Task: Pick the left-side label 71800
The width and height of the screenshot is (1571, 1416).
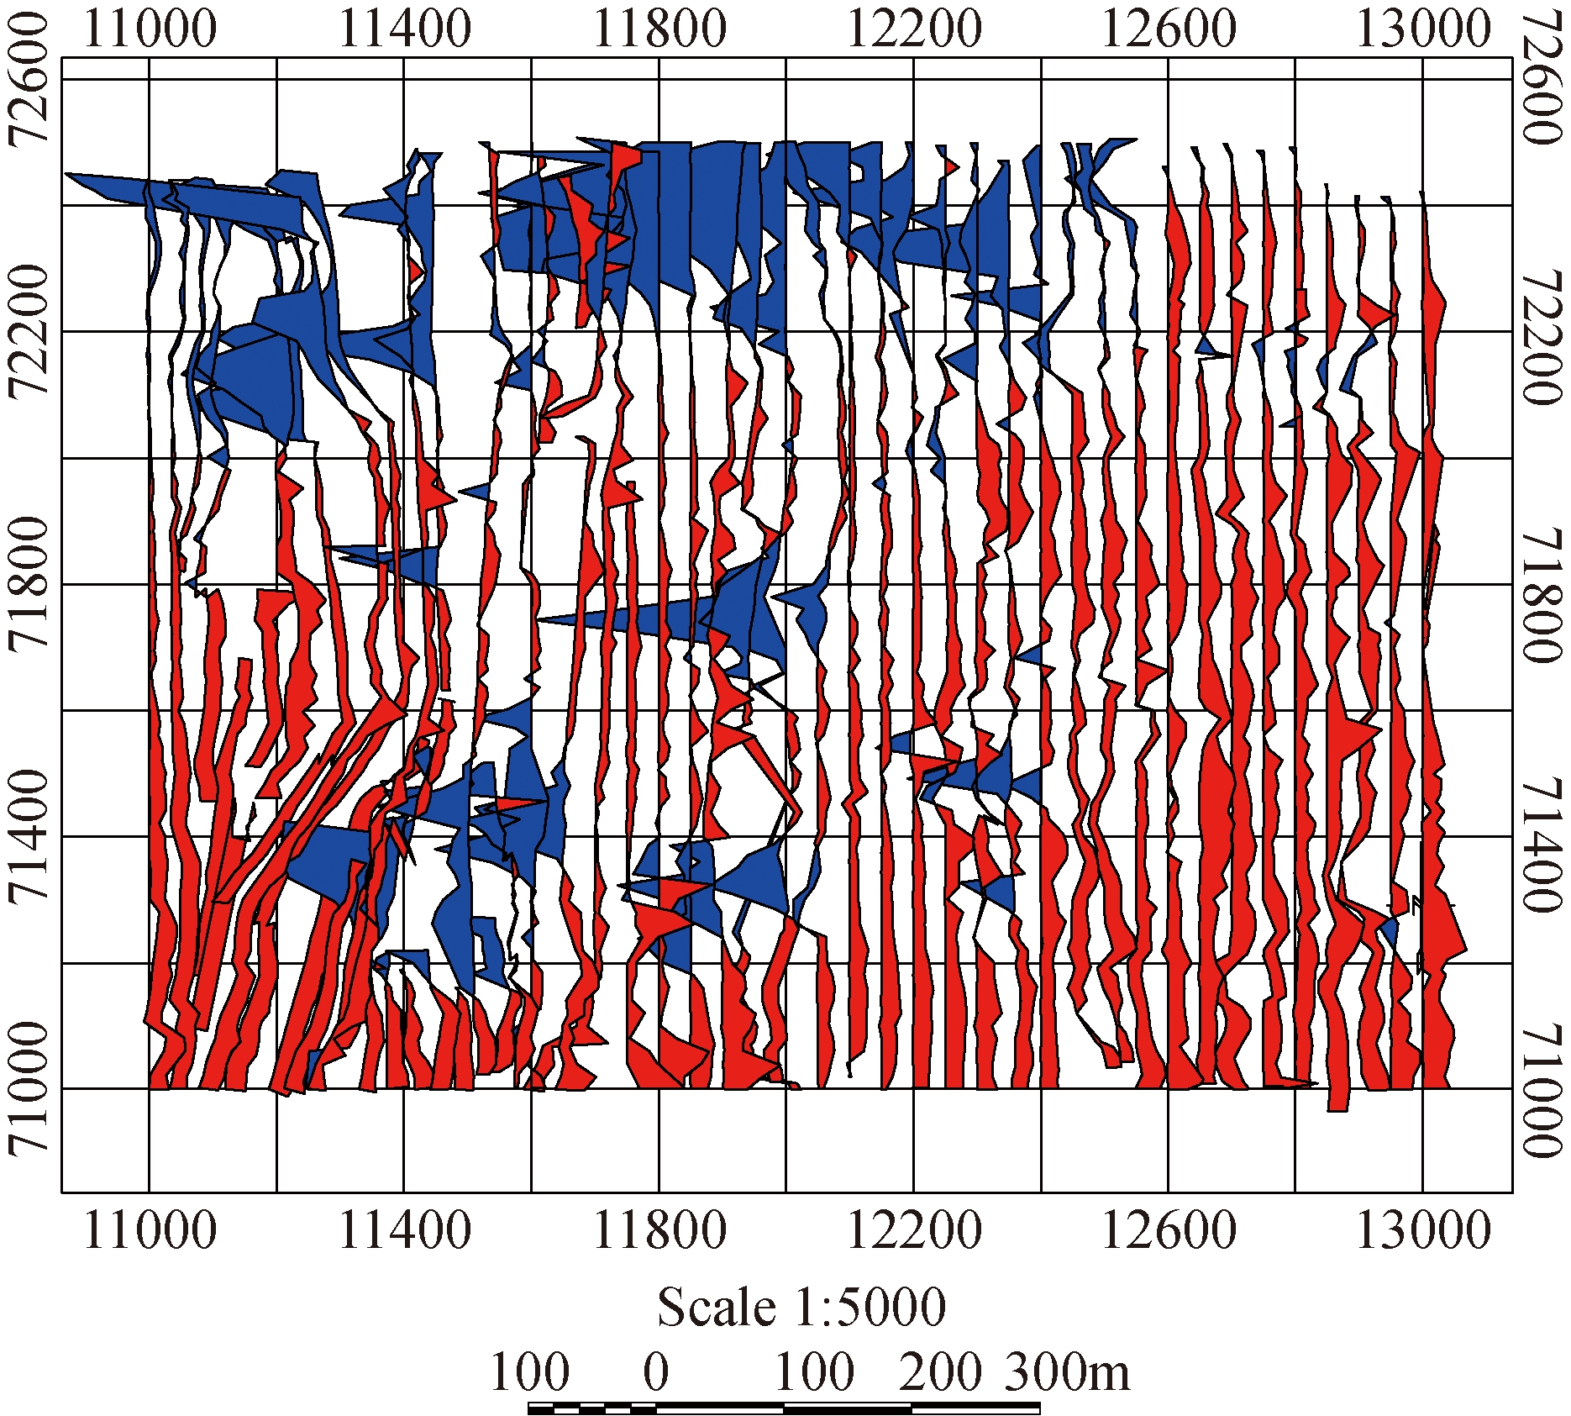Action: point(27,585)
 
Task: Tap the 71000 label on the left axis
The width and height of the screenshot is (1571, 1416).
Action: point(27,1089)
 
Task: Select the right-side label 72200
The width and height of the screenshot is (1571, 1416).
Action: point(1542,336)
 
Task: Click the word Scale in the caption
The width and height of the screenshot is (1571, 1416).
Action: point(717,1308)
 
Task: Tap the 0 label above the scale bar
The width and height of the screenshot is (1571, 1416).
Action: point(656,1372)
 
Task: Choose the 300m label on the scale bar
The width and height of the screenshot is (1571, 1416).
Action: point(1067,1372)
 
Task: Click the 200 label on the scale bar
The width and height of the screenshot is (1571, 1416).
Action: point(940,1372)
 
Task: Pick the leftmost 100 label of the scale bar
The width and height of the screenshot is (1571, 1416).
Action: point(529,1372)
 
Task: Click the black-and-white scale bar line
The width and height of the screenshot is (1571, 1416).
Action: point(785,1408)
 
